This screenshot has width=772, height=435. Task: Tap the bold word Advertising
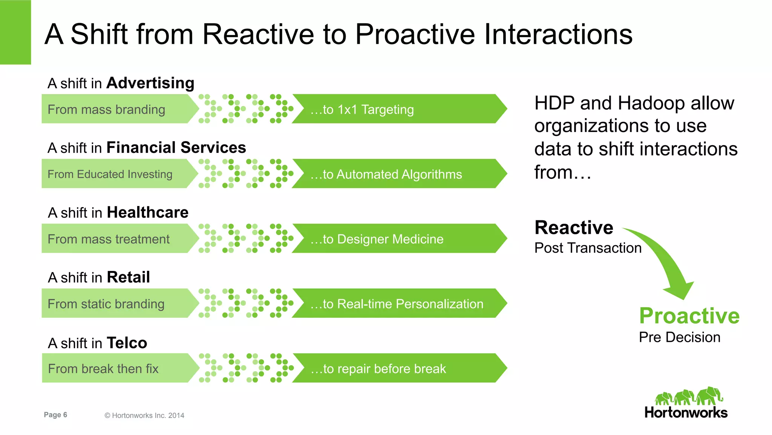point(150,83)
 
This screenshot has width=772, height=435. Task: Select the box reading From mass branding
point(113,109)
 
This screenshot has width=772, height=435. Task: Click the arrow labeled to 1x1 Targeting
point(396,109)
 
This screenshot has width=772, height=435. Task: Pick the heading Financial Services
point(176,148)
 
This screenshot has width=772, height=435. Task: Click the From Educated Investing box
point(113,174)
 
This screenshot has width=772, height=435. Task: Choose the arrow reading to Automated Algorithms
point(396,174)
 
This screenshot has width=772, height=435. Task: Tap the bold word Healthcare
point(147,212)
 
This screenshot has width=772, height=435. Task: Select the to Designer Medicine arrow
point(396,239)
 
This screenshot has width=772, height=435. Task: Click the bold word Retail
point(128,277)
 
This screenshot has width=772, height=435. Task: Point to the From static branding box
point(113,304)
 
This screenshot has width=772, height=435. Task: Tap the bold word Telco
point(127,343)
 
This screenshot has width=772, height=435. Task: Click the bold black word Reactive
point(574,228)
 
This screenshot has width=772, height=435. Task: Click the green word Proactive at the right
point(689,316)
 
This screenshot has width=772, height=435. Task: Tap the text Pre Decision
point(679,337)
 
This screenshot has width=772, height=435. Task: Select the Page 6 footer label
point(55,415)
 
